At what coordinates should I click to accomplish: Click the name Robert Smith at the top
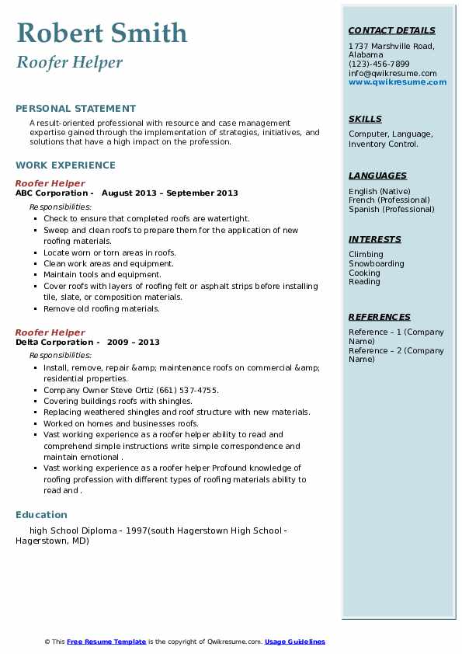[102, 33]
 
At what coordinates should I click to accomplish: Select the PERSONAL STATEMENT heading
[75, 109]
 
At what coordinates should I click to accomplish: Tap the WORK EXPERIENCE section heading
[65, 165]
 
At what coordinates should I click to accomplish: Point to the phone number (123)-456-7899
[379, 64]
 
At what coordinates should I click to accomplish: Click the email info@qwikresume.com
[392, 73]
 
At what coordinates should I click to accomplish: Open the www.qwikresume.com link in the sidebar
[397, 82]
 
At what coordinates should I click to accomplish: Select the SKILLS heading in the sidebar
[365, 119]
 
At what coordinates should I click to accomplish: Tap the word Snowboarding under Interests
[376, 264]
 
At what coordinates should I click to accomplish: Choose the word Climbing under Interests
[366, 255]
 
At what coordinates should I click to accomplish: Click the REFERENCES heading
[380, 317]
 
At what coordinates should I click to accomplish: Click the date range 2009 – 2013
[134, 343]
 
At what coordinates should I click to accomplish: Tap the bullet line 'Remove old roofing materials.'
[102, 308]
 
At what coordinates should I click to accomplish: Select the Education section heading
[41, 515]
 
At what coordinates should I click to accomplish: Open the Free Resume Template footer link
[106, 642]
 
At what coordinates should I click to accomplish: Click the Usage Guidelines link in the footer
[294, 642]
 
